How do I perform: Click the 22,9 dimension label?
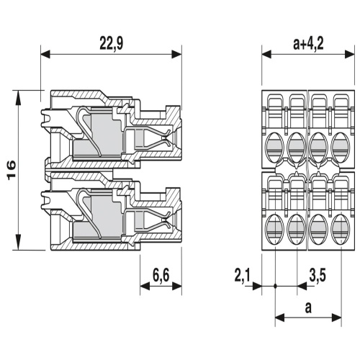click(x=111, y=44)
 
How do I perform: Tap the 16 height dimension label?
click(x=12, y=171)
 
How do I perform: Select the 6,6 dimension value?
click(x=161, y=275)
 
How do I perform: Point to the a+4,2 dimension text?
click(x=308, y=43)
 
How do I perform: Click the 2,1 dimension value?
click(x=242, y=275)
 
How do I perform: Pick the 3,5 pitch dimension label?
click(x=318, y=275)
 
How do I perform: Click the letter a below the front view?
click(x=308, y=308)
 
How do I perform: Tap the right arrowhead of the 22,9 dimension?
click(x=176, y=55)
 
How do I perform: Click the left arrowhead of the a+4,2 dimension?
click(x=266, y=54)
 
